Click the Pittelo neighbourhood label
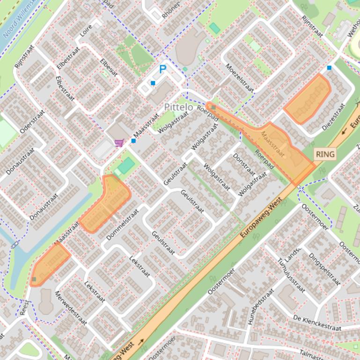click(x=178, y=107)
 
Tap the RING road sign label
click(x=325, y=154)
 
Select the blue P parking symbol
click(x=162, y=70)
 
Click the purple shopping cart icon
click(x=119, y=143)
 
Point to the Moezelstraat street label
click(x=240, y=78)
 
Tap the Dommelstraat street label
click(x=123, y=224)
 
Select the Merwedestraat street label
click(x=71, y=308)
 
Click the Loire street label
click(x=86, y=31)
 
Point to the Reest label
click(x=24, y=308)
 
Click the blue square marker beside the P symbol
click(x=153, y=83)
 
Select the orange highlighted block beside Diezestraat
click(x=308, y=99)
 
